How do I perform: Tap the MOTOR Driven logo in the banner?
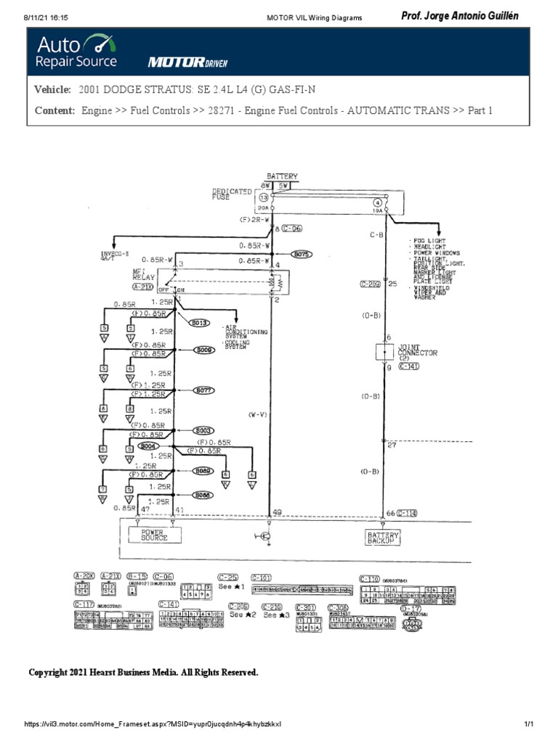187,62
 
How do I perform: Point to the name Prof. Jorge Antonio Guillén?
460,17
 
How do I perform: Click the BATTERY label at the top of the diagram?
282,176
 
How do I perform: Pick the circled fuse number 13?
263,197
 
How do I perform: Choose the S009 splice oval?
204,350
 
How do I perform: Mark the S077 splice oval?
204,390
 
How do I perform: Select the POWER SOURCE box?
154,535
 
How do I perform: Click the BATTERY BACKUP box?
382,536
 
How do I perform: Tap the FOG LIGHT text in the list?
429,239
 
